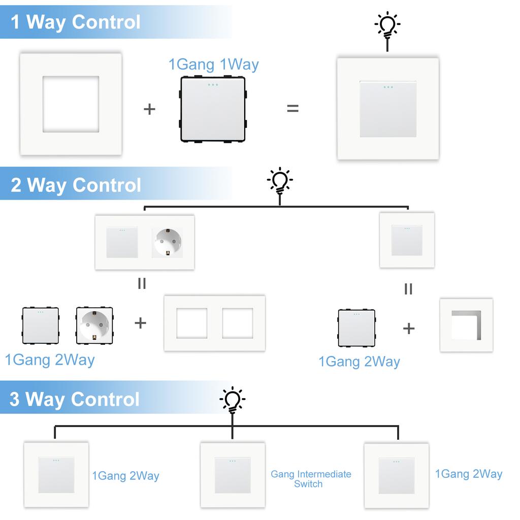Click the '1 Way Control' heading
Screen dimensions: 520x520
[x=76, y=22]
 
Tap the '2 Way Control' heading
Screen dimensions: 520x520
[x=76, y=185]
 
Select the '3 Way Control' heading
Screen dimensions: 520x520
[x=75, y=399]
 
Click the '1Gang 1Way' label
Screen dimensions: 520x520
[x=213, y=65]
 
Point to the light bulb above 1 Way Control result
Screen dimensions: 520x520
[x=387, y=25]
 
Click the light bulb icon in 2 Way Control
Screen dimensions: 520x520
[x=280, y=181]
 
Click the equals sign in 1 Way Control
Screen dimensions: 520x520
[x=293, y=108]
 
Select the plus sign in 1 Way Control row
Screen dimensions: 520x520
[x=149, y=109]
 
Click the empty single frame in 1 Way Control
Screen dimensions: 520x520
[x=71, y=104]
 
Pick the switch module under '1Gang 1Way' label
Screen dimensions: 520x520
[x=213, y=109]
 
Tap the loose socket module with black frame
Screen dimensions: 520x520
[x=94, y=326]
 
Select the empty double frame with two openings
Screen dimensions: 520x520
[x=214, y=323]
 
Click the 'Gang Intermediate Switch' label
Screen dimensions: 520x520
[x=311, y=479]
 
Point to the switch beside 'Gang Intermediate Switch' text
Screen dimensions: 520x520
[x=232, y=475]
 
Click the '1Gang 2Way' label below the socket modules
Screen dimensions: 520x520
[x=50, y=360]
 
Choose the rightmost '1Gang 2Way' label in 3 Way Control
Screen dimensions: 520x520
[x=468, y=474]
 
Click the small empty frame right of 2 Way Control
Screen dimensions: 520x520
[x=466, y=326]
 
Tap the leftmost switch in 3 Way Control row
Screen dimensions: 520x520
[x=56, y=475]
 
